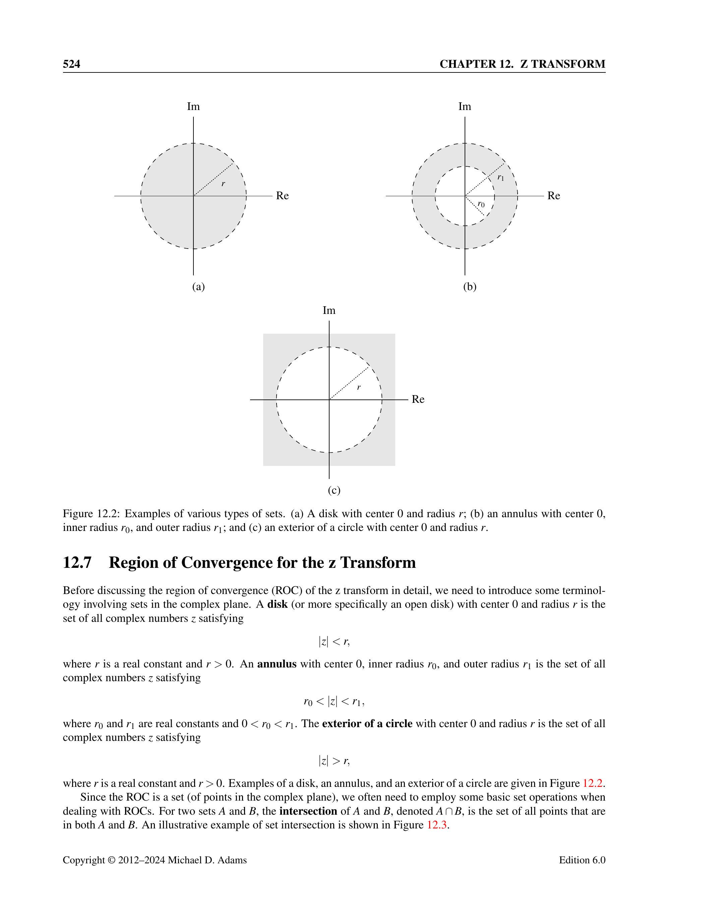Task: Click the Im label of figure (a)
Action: coord(193,106)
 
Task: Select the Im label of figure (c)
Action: coord(329,311)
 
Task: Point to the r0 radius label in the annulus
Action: coord(481,205)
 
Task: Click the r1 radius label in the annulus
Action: coord(500,177)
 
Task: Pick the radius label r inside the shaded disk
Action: coord(223,183)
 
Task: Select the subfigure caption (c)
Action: coord(334,490)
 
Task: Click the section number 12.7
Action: coord(77,562)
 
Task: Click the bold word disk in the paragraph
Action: coord(277,604)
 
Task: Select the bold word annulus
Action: coord(277,664)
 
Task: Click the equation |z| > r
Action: coord(334,761)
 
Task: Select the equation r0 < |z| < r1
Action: coord(334,701)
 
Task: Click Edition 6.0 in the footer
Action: coord(582,860)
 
